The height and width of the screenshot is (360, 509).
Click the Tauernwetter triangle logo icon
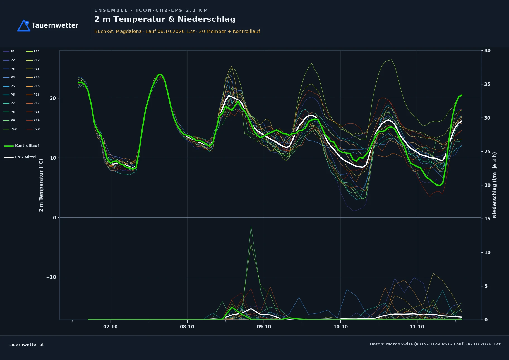click(24, 25)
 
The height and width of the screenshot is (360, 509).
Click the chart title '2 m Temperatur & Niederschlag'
click(165, 19)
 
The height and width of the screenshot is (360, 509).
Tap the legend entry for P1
click(9, 51)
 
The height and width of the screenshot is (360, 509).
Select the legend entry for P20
click(33, 129)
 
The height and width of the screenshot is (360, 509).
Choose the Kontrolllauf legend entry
click(21, 146)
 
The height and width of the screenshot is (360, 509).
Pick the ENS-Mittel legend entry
click(20, 157)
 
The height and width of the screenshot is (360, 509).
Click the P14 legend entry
click(33, 77)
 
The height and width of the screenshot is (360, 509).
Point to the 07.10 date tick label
click(111, 327)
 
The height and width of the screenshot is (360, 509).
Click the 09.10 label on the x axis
click(264, 327)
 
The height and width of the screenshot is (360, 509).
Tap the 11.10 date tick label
click(417, 327)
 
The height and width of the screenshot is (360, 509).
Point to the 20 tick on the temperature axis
click(53, 98)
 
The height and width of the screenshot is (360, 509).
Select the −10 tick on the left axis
click(51, 277)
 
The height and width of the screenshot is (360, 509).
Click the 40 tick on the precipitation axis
click(488, 51)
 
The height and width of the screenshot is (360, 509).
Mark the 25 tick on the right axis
click(488, 152)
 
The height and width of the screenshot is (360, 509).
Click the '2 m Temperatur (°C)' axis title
click(41, 185)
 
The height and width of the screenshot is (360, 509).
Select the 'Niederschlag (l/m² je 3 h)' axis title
click(494, 185)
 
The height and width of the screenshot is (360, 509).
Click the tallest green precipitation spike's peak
click(251, 227)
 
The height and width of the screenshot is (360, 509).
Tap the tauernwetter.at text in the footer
click(26, 345)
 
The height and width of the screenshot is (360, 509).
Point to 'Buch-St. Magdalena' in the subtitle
click(118, 31)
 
